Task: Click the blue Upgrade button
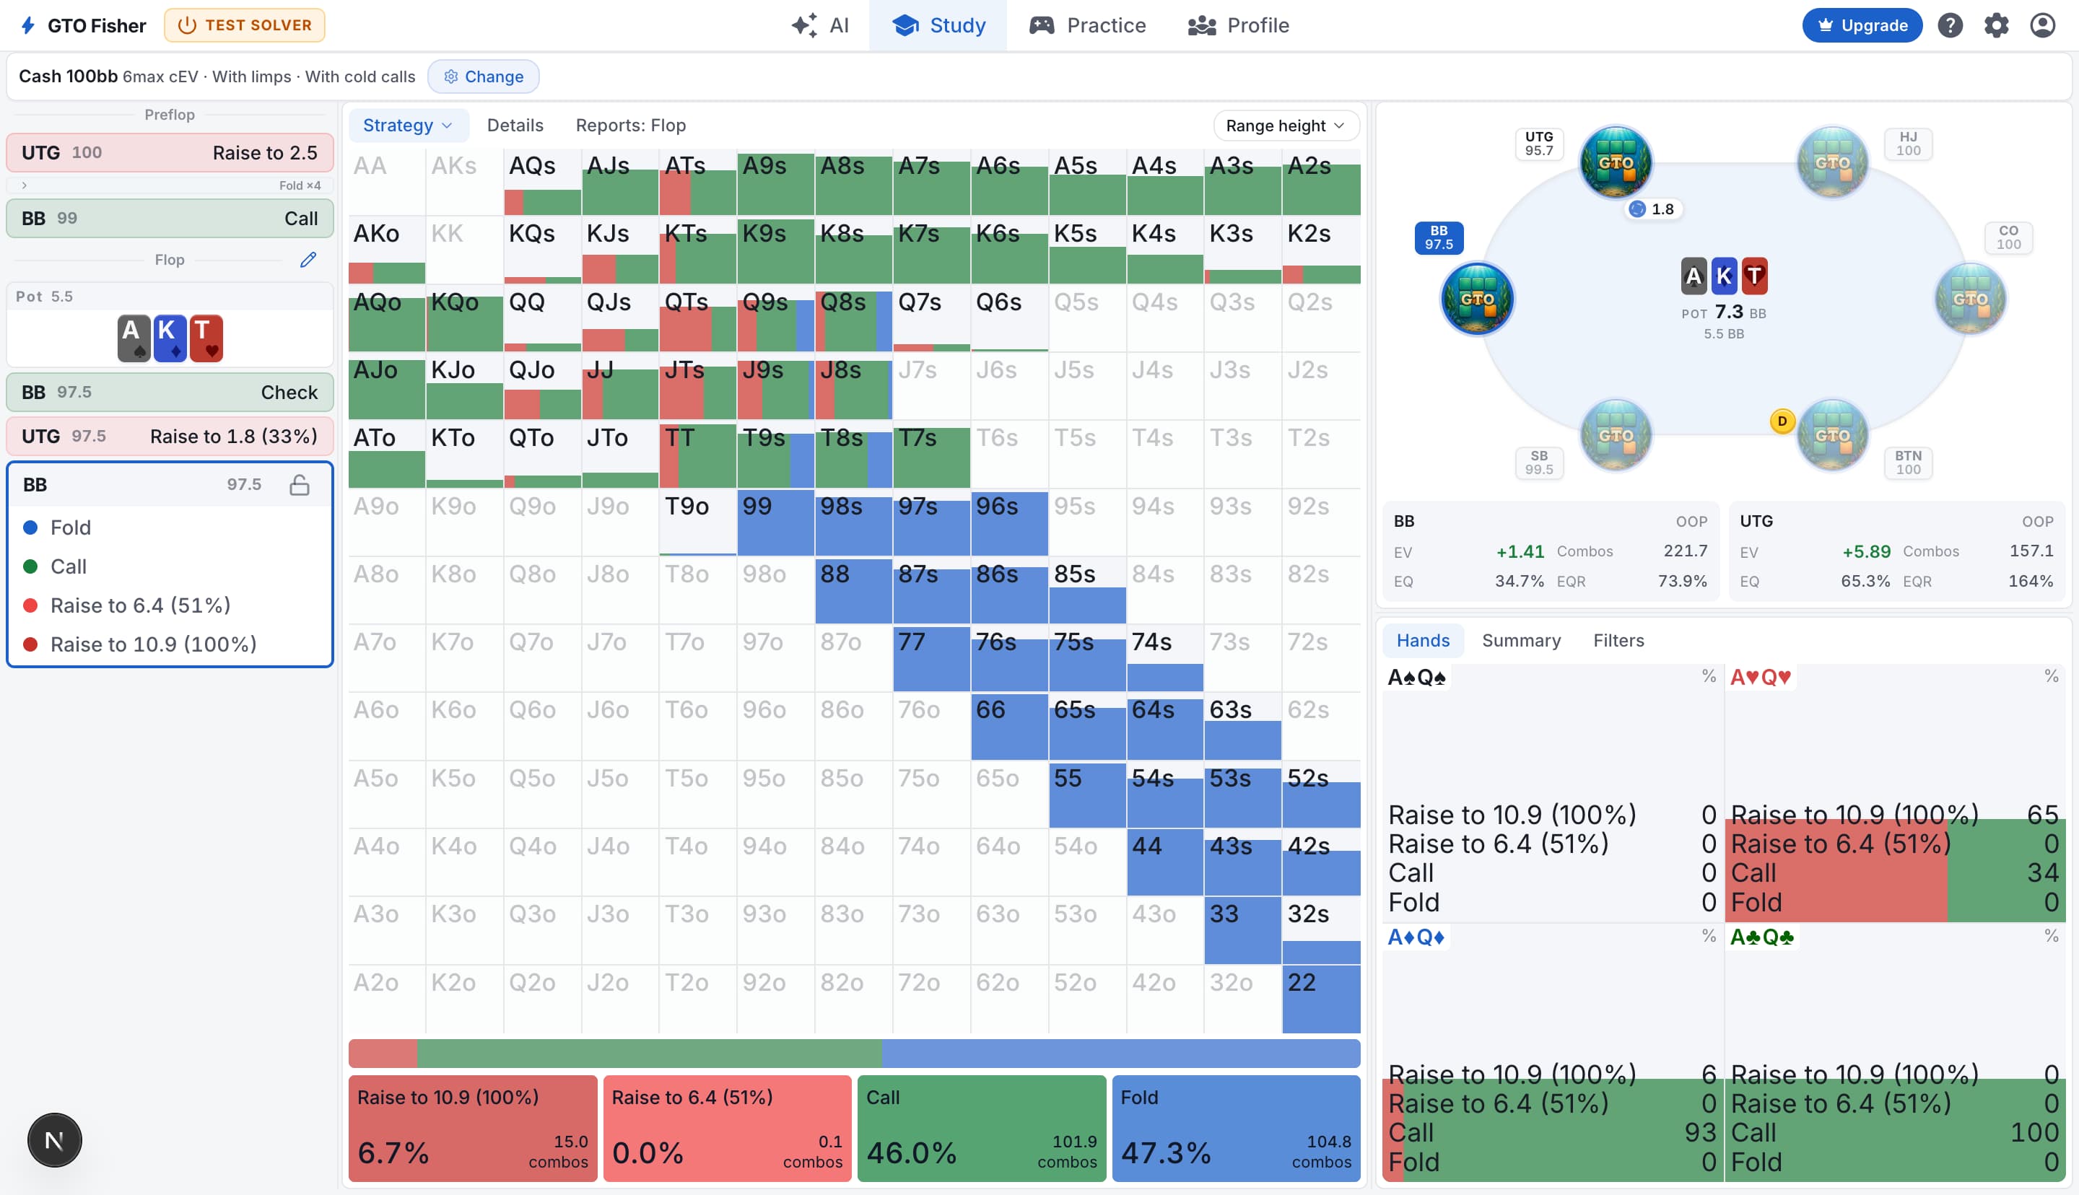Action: click(1862, 25)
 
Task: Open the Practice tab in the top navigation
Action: click(1088, 25)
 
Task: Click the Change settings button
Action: click(484, 76)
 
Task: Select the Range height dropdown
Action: click(1286, 126)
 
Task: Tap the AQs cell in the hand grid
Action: click(543, 181)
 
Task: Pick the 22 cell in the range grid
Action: click(1320, 999)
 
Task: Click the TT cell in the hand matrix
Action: click(697, 454)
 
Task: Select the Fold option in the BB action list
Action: click(70, 528)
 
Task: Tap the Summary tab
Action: click(1521, 640)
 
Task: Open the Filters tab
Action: click(1618, 640)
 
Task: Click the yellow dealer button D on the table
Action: click(1782, 421)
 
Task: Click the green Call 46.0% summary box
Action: click(982, 1129)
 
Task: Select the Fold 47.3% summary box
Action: click(1236, 1129)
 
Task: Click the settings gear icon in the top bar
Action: click(1996, 25)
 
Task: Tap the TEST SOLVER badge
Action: click(245, 25)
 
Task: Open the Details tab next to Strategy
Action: click(515, 126)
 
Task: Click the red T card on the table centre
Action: click(1755, 276)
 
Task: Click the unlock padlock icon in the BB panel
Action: click(300, 485)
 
